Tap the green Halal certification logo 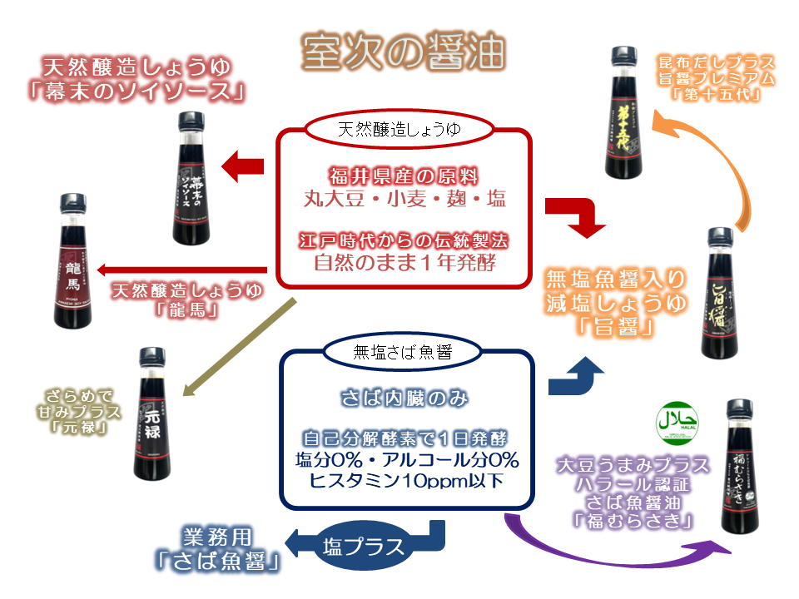pos(677,419)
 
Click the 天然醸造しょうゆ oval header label pos(399,130)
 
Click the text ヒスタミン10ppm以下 pos(404,480)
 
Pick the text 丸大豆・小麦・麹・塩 pos(404,200)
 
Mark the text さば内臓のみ pos(404,399)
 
